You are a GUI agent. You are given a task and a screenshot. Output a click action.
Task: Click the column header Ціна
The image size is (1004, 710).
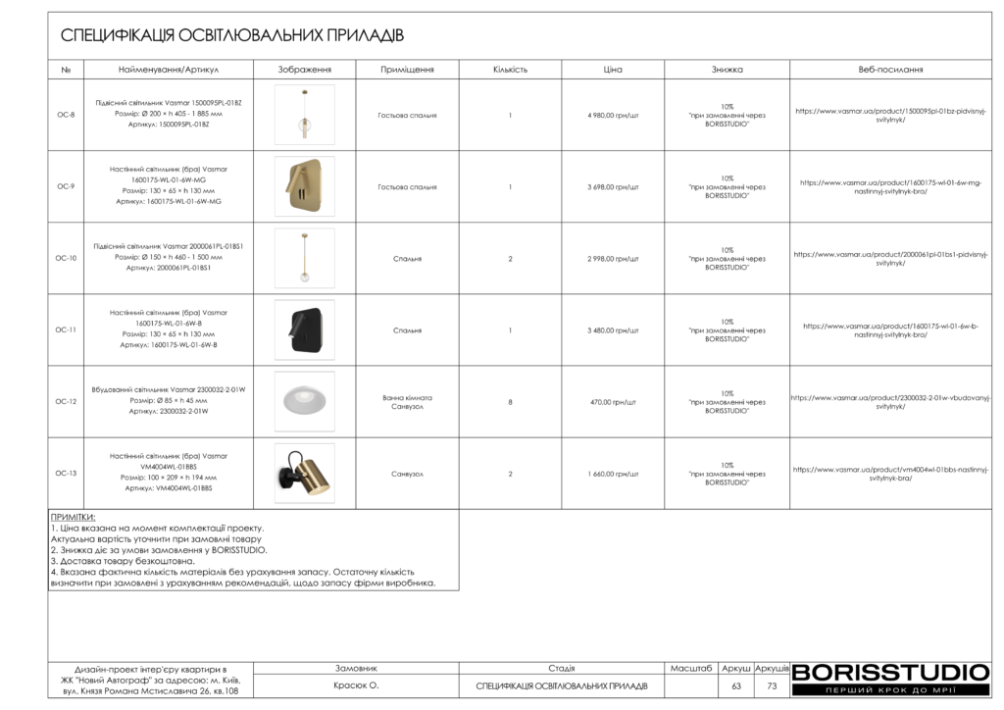613,70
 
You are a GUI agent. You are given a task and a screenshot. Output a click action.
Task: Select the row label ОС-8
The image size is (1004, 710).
66,115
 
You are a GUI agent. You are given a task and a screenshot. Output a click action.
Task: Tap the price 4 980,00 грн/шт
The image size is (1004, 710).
613,115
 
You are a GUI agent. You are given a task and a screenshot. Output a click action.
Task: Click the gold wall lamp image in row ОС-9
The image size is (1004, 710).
304,186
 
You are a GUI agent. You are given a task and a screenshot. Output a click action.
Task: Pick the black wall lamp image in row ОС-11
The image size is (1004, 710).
304,330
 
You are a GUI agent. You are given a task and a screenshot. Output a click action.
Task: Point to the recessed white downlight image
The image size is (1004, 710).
304,401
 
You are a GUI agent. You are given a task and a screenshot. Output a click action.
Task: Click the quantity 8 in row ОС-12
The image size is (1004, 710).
510,402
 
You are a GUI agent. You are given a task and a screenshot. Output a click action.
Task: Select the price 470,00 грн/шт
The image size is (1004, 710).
613,402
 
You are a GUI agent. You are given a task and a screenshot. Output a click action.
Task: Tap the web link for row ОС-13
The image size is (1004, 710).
890,474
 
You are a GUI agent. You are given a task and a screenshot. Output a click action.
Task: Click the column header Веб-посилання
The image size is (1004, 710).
890,70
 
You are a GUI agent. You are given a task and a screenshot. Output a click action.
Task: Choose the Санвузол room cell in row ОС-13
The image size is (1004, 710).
407,474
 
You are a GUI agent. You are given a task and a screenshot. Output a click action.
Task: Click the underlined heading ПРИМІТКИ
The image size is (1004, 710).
74,517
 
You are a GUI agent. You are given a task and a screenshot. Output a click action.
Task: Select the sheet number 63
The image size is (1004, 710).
736,686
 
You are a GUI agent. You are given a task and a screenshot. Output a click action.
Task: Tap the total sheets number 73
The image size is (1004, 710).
772,686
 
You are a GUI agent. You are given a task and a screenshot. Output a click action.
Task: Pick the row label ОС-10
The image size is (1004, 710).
66,259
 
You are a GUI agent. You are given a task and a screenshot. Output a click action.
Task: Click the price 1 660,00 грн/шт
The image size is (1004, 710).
613,474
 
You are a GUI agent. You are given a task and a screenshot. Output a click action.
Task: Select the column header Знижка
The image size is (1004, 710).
727,70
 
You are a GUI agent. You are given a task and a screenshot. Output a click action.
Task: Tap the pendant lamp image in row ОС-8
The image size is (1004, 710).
304,115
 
